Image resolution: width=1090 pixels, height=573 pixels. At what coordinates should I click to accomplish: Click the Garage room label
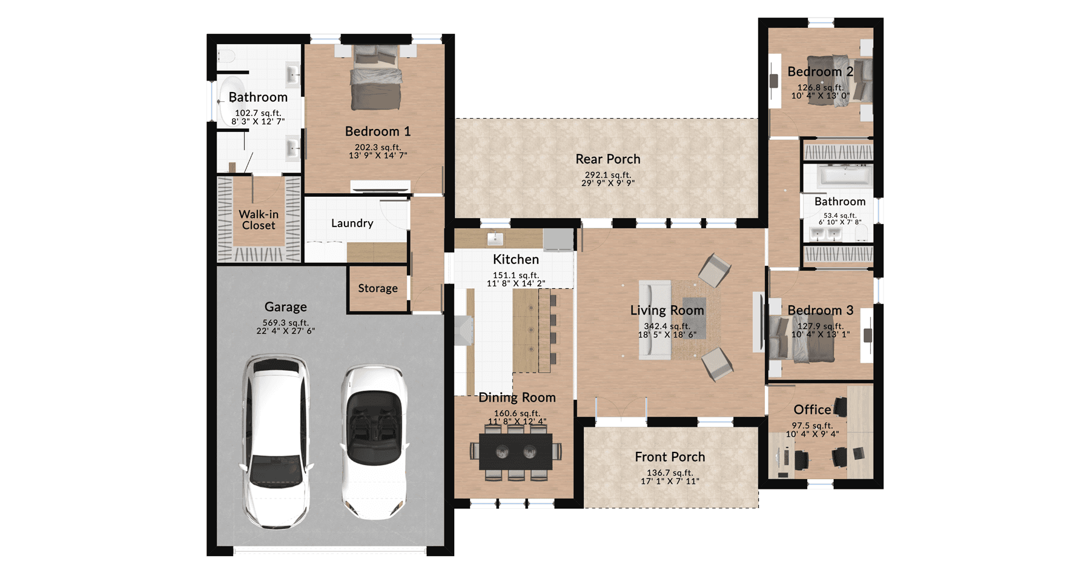[x=285, y=307]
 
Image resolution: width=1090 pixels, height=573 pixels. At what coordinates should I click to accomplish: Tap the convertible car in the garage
[x=374, y=442]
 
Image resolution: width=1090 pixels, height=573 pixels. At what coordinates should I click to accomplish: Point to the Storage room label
[x=378, y=288]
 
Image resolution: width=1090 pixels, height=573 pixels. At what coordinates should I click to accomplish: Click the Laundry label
[x=352, y=224]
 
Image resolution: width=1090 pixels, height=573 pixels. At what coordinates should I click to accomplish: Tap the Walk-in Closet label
[x=259, y=220]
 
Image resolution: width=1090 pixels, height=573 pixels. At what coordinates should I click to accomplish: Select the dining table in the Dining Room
[x=516, y=451]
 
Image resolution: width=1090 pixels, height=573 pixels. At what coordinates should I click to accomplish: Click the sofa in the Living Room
[x=655, y=319]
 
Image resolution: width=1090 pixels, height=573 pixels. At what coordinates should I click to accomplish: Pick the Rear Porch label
[x=608, y=159]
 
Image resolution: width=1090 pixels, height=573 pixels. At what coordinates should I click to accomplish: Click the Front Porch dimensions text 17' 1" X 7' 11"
[x=670, y=482]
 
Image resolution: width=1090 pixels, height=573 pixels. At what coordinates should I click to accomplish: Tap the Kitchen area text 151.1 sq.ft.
[x=516, y=275]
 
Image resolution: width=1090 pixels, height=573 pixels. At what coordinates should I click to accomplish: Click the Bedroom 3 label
[x=821, y=311]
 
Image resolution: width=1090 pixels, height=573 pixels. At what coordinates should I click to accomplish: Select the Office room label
[x=812, y=410]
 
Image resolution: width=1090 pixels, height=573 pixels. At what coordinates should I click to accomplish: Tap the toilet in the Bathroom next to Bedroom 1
[x=226, y=56]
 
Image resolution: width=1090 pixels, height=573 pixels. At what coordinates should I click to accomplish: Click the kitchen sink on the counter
[x=495, y=239]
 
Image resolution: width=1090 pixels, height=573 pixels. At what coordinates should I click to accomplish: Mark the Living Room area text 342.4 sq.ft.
[x=667, y=326]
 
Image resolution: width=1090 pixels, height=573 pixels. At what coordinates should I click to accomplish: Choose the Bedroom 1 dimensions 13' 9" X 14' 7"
[x=378, y=156]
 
